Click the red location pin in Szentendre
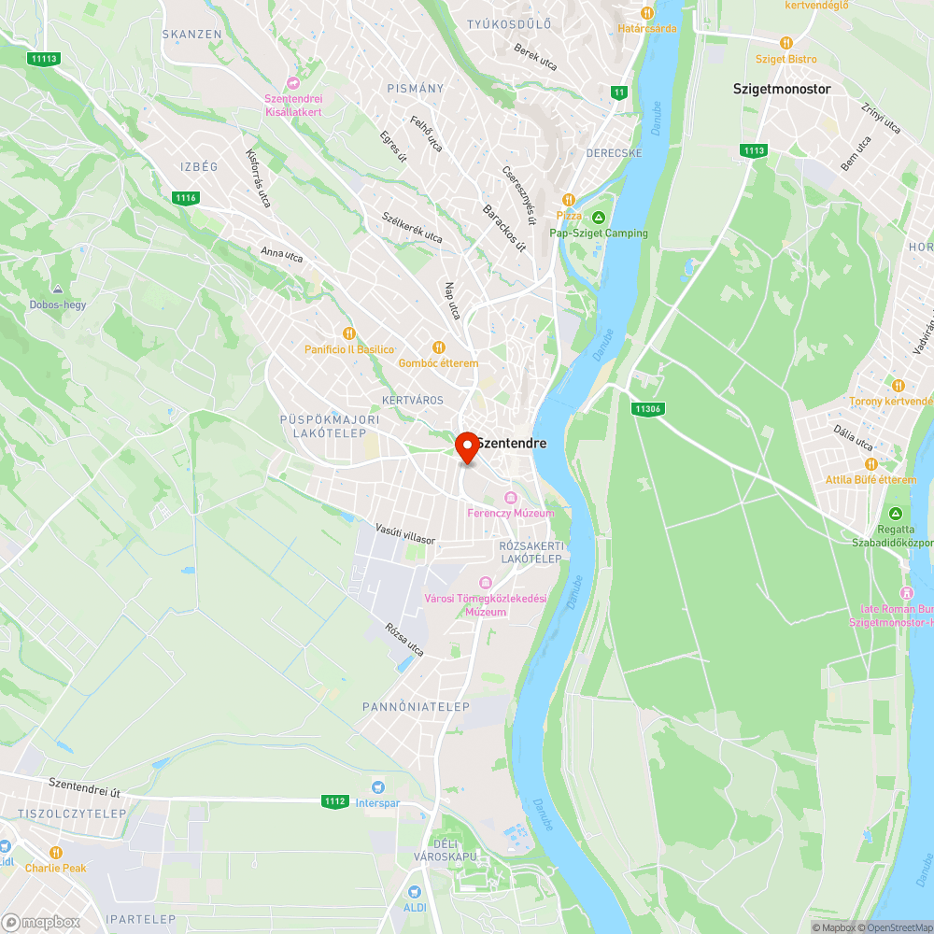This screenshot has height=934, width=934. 467,446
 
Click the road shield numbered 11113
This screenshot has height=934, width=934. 44,58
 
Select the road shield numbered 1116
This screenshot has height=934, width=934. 186,197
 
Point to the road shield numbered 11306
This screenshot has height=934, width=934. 646,408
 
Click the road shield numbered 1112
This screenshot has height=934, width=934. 334,801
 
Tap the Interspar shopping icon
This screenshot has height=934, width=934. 378,787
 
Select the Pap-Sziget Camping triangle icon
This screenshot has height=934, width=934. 599,218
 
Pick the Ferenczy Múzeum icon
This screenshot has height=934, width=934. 510,497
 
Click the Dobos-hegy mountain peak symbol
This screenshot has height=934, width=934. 58,290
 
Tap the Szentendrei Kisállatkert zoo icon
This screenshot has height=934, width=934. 293,83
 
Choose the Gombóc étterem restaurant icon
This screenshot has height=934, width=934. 438,347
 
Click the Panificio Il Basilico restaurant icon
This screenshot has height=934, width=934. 349,333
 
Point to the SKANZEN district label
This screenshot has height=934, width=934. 191,35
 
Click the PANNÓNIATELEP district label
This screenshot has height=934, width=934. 416,707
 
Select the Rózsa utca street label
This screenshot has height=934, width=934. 404,640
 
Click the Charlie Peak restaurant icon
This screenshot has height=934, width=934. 55,852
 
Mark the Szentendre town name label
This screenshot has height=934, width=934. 511,444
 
